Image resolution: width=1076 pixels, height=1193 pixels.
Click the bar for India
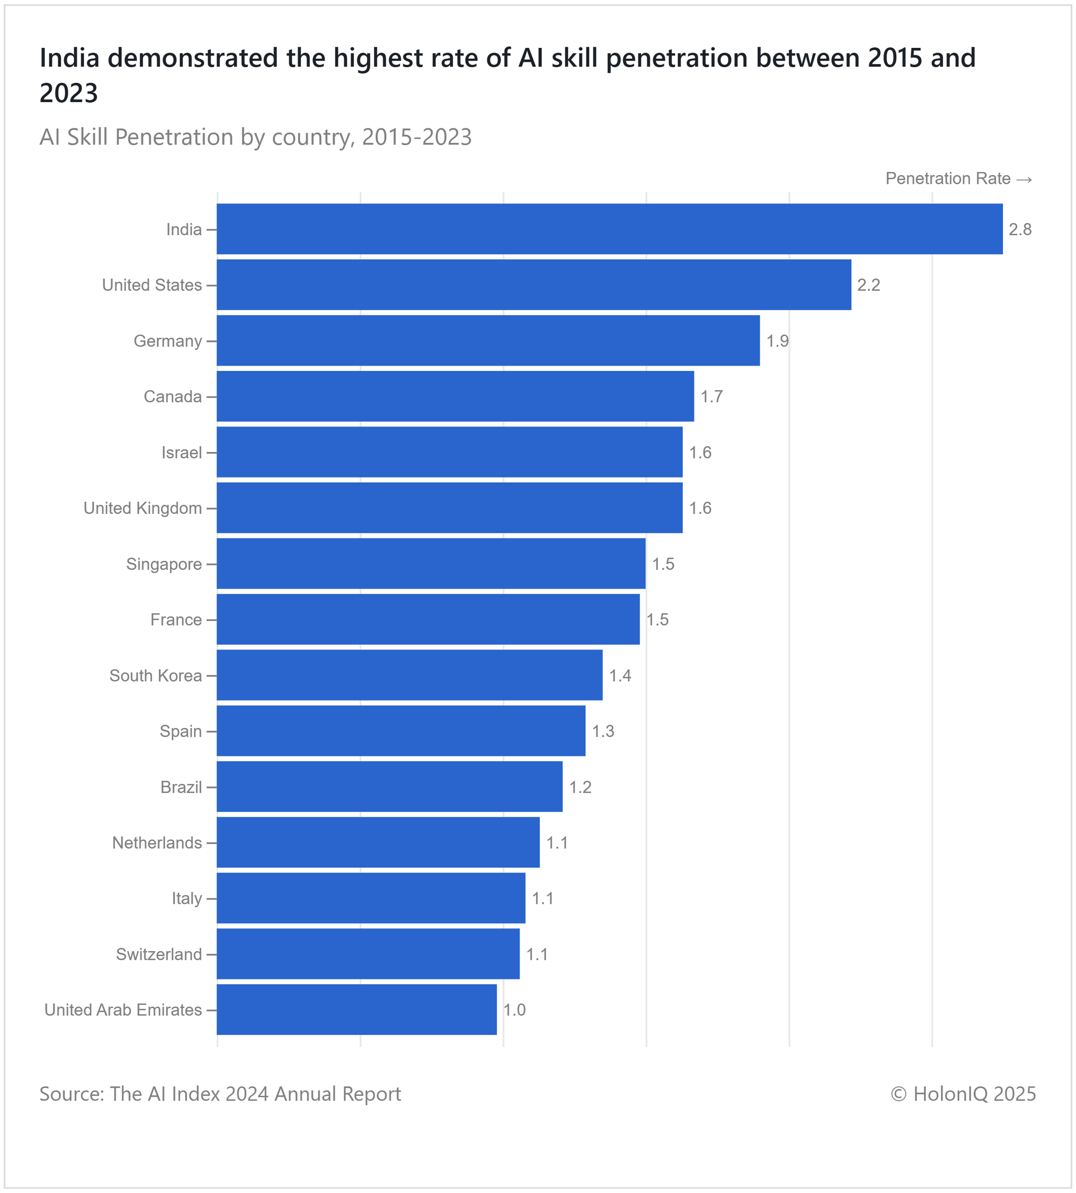(x=609, y=229)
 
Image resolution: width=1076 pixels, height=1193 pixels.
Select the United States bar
(x=533, y=285)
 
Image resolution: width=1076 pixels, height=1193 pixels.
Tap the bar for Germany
(x=488, y=340)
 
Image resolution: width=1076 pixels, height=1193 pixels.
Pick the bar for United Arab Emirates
(x=357, y=1010)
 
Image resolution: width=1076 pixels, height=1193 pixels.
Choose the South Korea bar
(x=409, y=675)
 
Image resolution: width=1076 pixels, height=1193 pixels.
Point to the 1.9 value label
(x=777, y=341)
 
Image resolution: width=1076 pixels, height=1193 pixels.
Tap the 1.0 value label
(x=514, y=1010)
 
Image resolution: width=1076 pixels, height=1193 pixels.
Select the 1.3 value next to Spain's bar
(x=603, y=732)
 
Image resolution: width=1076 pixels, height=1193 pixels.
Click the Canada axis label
(x=173, y=396)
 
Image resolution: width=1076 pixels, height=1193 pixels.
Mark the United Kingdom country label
(x=143, y=508)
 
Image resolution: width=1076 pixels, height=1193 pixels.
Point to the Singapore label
(x=164, y=565)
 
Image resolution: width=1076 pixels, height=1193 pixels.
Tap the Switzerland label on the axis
(x=159, y=954)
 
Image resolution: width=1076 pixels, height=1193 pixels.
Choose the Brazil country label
(x=181, y=787)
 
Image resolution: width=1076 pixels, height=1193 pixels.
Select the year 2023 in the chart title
(x=68, y=94)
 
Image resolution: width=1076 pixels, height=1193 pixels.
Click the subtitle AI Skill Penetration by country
(x=256, y=137)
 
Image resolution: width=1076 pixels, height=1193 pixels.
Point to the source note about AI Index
(x=220, y=1094)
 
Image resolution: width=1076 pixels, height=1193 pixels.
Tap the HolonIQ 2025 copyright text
(x=963, y=1094)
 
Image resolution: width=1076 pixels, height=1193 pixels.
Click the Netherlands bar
(x=378, y=842)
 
